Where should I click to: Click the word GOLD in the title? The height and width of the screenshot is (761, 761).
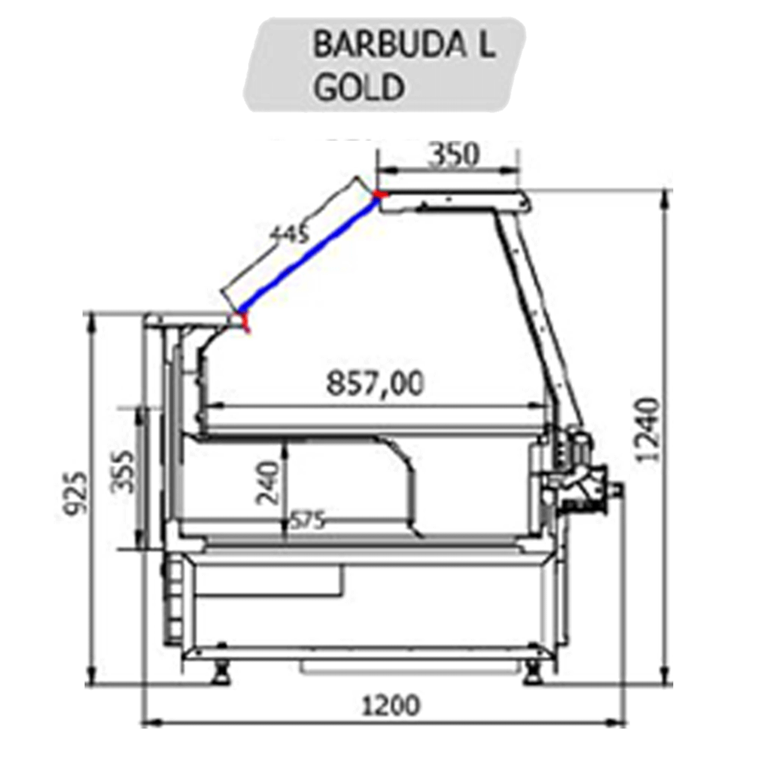(359, 86)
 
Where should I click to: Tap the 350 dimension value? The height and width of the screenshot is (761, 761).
(453, 154)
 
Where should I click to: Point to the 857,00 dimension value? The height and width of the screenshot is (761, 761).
(374, 383)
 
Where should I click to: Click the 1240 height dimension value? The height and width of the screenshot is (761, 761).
(648, 430)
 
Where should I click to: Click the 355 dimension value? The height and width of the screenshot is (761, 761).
(123, 471)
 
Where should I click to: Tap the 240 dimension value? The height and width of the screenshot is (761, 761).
(267, 482)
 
